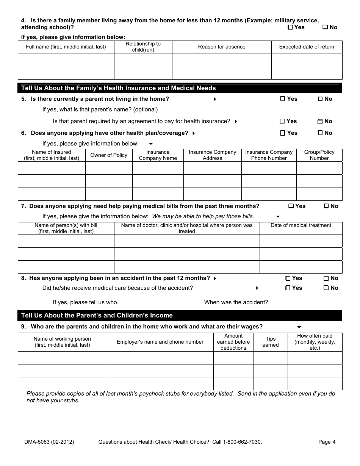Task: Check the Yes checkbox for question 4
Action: pyautogui.click(x=290, y=27)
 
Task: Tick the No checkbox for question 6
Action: pyautogui.click(x=320, y=133)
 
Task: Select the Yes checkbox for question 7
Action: pyautogui.click(x=291, y=206)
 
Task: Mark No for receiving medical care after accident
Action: pyautogui.click(x=326, y=288)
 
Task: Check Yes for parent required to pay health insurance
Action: pyautogui.click(x=282, y=121)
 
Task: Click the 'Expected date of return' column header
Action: pyautogui.click(x=307, y=47)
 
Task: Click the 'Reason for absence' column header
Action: pyautogui.click(x=222, y=47)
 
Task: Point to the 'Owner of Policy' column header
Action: pyautogui.click(x=109, y=155)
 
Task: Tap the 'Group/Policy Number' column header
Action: pyautogui.click(x=319, y=155)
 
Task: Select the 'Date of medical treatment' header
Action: pyautogui.click(x=301, y=225)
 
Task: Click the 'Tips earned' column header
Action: pyautogui.click(x=270, y=342)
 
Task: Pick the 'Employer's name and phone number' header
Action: pyautogui.click(x=160, y=342)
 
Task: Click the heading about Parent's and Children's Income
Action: pyautogui.click(x=97, y=316)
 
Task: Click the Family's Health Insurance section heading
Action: pyautogui.click(x=118, y=88)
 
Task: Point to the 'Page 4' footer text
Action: pyautogui.click(x=327, y=442)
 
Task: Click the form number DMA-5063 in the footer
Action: pyautogui.click(x=49, y=442)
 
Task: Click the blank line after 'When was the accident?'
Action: pyautogui.click(x=314, y=305)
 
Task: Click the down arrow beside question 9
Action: pyautogui.click(x=299, y=327)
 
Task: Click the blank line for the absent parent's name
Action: pyautogui.click(x=262, y=114)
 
